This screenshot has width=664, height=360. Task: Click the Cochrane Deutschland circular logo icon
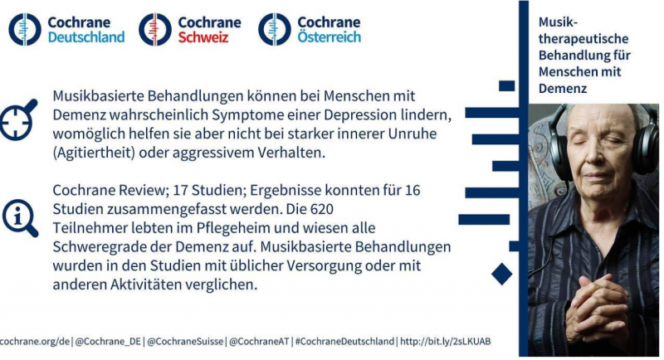tap(25, 29)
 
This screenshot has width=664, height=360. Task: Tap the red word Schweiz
tap(203, 37)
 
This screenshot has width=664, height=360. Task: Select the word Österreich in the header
tap(329, 36)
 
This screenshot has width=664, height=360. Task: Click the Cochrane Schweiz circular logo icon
tap(155, 29)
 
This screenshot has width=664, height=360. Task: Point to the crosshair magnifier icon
tap(17, 120)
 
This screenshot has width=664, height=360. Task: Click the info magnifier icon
tap(20, 218)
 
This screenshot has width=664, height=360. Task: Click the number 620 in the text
tap(322, 209)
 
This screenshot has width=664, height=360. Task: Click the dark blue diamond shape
tap(502, 274)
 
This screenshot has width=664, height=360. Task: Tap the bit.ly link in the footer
tap(446, 342)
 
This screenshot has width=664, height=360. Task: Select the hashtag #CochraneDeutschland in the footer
tap(344, 342)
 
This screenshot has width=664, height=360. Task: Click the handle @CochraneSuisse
tap(185, 342)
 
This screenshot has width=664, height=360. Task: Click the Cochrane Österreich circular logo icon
tap(275, 29)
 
